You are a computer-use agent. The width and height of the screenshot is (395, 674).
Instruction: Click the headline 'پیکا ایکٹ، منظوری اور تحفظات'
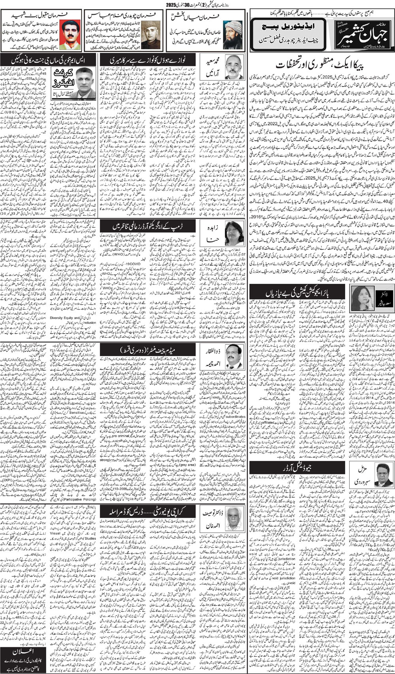[x=320, y=64]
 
